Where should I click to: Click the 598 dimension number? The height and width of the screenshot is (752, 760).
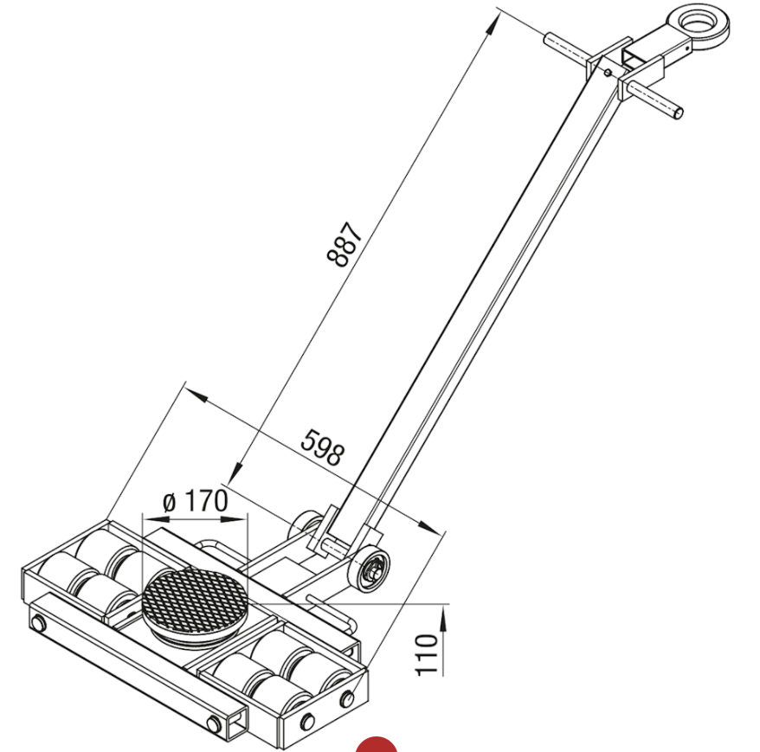coord(322,447)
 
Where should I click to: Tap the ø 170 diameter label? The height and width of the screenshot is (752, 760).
coord(195,501)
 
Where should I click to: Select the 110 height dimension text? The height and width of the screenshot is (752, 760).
coord(427,654)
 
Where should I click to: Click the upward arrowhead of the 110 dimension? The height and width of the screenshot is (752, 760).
coord(443,611)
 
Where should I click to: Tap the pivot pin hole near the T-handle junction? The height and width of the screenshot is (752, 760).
coord(609,73)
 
